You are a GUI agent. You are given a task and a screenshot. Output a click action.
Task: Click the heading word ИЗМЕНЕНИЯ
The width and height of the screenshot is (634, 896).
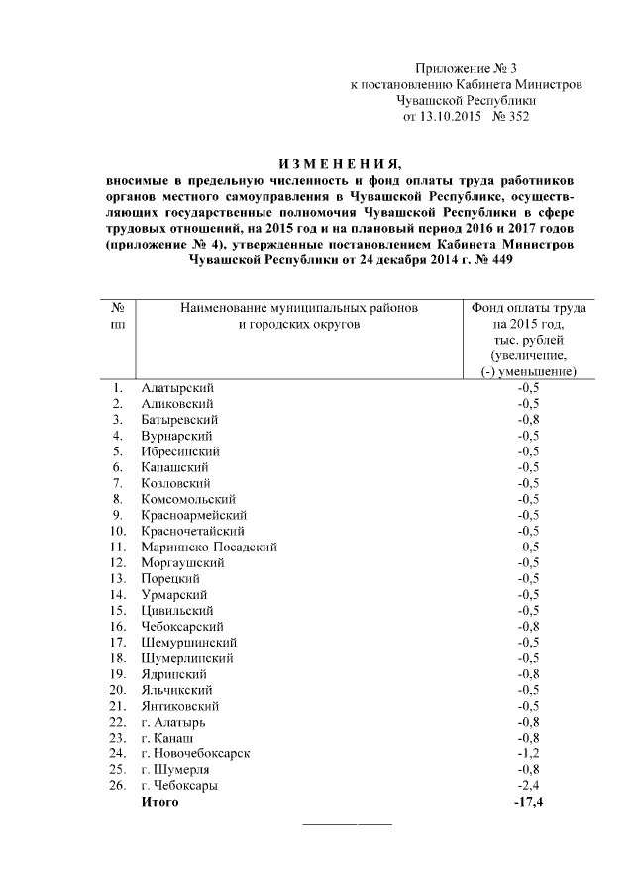(340, 164)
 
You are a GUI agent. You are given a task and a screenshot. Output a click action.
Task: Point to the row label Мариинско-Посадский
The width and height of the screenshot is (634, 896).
(209, 546)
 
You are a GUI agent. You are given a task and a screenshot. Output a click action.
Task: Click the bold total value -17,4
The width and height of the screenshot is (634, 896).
(527, 801)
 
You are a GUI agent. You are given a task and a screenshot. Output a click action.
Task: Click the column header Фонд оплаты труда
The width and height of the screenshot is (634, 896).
(528, 309)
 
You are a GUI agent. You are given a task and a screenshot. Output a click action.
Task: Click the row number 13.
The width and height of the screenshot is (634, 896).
(117, 577)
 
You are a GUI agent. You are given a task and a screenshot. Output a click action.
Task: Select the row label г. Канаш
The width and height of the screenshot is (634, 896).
(167, 738)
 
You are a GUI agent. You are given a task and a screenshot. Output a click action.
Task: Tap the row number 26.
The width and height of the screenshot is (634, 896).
(117, 785)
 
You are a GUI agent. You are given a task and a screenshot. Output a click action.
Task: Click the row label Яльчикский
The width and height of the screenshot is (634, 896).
(178, 689)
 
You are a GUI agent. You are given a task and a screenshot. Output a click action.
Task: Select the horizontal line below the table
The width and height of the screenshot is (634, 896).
(346, 823)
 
